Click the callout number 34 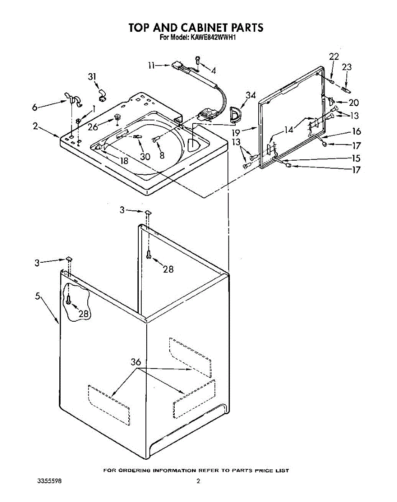tap(250, 96)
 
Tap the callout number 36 tap(136, 362)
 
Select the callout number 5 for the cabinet tap(38, 296)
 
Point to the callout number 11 tap(151, 65)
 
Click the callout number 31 tap(92, 77)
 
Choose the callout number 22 tap(334, 57)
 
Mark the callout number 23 tap(347, 67)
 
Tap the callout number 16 tap(356, 131)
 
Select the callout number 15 tap(356, 159)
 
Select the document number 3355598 tap(49, 482)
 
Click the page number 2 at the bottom tap(198, 482)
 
